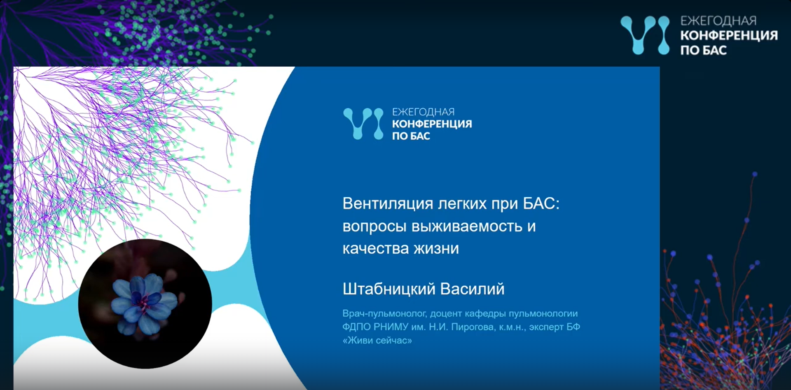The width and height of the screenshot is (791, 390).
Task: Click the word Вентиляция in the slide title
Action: (388, 204)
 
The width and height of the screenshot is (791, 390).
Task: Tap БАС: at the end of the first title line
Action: (541, 203)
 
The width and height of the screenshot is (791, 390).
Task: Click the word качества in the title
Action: (376, 249)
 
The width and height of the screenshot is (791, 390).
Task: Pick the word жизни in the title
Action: (436, 249)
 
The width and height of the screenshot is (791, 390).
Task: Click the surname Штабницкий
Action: (389, 289)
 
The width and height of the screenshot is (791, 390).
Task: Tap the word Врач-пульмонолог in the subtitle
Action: (384, 314)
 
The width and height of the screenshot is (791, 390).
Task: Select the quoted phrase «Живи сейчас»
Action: (377, 341)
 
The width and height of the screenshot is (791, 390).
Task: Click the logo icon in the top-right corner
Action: (645, 35)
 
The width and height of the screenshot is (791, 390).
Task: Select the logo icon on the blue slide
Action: (363, 124)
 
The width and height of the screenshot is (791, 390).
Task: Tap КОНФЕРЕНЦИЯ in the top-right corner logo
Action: (729, 35)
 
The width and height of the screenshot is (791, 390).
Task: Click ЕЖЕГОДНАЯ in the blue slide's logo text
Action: (423, 112)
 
